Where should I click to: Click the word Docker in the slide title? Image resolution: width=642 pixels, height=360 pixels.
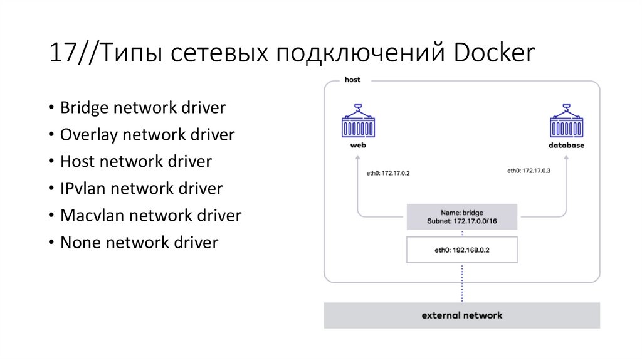pyautogui.click(x=495, y=53)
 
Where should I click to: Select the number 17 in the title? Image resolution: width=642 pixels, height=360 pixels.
pyautogui.click(x=61, y=53)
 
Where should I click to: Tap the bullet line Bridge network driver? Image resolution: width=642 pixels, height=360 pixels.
pyautogui.click(x=142, y=107)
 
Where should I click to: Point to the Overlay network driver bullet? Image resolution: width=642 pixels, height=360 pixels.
pyautogui.click(x=147, y=134)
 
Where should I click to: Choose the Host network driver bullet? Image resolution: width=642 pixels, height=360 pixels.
pyautogui.click(x=136, y=161)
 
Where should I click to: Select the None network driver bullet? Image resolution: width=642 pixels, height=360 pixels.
pyautogui.click(x=139, y=242)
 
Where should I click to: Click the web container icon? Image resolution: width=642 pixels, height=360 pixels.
pyautogui.click(x=358, y=122)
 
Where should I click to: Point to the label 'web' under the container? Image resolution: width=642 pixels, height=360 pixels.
pyautogui.click(x=358, y=146)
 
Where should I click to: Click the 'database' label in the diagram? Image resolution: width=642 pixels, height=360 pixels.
pyautogui.click(x=566, y=146)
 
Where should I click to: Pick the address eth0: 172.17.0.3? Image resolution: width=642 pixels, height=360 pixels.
pyautogui.click(x=529, y=171)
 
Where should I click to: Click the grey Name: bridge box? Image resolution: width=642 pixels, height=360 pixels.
pyautogui.click(x=462, y=217)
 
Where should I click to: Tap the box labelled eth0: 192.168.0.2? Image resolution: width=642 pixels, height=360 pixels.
pyautogui.click(x=462, y=249)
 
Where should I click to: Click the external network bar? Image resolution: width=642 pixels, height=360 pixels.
pyautogui.click(x=462, y=315)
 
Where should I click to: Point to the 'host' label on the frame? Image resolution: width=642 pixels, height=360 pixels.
pyautogui.click(x=353, y=80)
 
